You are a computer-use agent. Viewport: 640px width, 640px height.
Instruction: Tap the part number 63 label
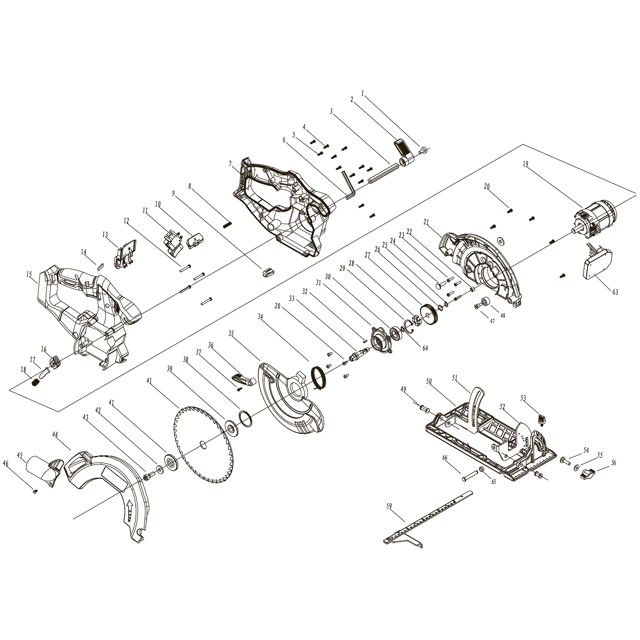click(615, 292)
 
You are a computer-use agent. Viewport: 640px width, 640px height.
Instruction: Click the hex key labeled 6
click(348, 186)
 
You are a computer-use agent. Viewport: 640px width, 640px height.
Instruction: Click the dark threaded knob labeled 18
click(36, 383)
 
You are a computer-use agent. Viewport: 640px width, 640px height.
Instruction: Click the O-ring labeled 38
click(246, 419)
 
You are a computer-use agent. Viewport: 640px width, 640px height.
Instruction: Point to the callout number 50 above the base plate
click(429, 381)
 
